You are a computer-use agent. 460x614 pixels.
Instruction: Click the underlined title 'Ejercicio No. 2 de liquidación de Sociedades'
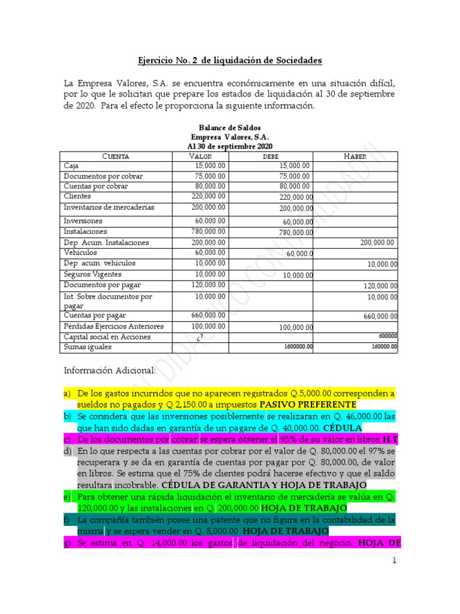230,61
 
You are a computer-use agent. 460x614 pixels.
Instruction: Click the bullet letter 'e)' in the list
67,497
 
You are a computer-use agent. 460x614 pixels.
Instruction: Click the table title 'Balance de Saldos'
230,127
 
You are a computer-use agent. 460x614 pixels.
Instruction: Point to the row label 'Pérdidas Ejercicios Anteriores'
113,326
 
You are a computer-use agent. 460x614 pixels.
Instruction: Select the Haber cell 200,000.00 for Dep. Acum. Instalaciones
377,243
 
